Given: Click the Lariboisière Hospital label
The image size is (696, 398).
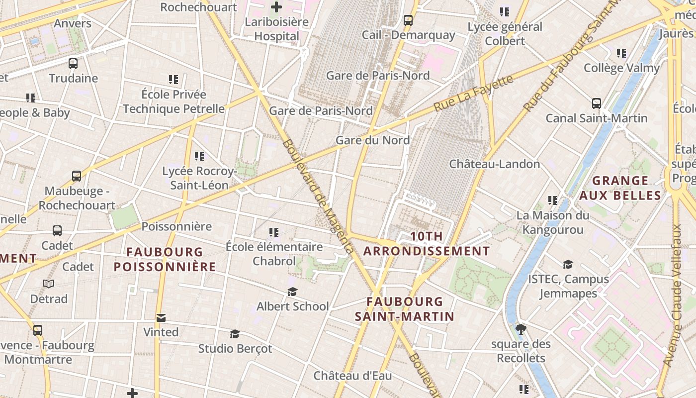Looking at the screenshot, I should [276, 29].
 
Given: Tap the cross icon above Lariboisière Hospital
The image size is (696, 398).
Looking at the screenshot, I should [276, 7].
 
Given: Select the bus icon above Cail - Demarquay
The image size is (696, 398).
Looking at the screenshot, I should [408, 20].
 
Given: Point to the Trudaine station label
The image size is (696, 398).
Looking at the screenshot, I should [73, 78].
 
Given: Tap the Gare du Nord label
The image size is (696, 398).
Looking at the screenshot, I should [372, 140].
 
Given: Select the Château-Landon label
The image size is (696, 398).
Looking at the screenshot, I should [494, 164].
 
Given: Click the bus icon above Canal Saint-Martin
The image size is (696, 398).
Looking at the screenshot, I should [597, 103].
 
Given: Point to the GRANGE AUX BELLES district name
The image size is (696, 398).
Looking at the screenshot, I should [620, 188].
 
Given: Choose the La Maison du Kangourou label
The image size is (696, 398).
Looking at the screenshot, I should [552, 222].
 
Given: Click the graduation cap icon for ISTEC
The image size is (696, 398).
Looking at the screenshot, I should [568, 264].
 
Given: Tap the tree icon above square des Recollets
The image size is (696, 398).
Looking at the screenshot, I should [521, 329].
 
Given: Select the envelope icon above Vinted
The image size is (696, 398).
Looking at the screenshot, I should [161, 317].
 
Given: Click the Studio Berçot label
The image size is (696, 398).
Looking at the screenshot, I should [235, 349].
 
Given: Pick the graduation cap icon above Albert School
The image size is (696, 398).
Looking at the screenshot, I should [292, 292].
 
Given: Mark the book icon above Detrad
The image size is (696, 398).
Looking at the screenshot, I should [49, 284].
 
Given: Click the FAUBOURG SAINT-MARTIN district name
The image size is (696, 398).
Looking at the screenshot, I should [404, 309].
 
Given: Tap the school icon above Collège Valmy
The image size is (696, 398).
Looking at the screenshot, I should [621, 53].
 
